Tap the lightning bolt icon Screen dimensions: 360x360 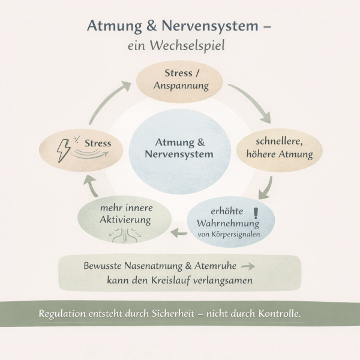(63, 149)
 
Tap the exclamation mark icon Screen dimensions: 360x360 (257, 214)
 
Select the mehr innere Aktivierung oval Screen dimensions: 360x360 (118, 216)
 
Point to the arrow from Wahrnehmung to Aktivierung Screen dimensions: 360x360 (178, 230)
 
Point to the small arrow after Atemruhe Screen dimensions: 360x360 (247, 265)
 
